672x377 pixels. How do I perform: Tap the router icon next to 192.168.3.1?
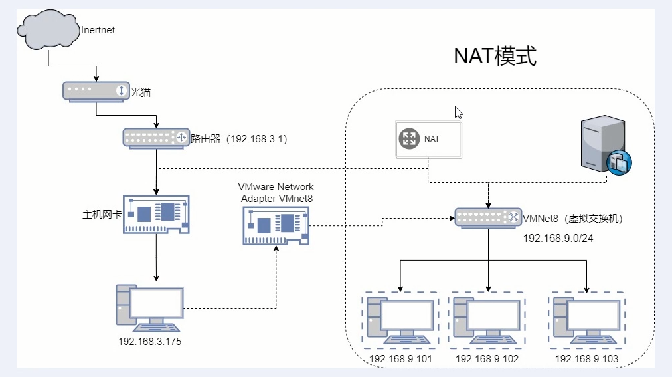tap(155, 138)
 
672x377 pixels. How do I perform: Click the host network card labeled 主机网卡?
tap(156, 214)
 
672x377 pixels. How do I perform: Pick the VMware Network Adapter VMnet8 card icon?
tap(276, 225)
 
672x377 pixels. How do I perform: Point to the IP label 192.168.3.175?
tap(150, 342)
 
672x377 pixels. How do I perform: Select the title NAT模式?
tap(495, 57)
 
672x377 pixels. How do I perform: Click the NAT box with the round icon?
tap(428, 140)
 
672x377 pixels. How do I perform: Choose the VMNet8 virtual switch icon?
tap(488, 217)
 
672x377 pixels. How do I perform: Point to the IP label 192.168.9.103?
tap(586, 359)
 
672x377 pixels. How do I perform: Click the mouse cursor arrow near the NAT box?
tap(458, 112)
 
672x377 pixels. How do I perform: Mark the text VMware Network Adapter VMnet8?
tap(276, 193)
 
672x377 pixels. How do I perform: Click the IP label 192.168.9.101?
tap(401, 359)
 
